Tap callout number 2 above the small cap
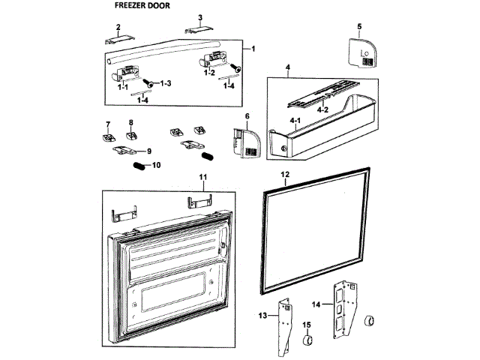pyautogui.click(x=118, y=27)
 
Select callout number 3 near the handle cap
pyautogui.click(x=200, y=17)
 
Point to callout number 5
pyautogui.click(x=359, y=27)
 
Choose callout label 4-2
pyautogui.click(x=323, y=109)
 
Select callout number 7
pyautogui.click(x=107, y=124)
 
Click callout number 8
pyautogui.click(x=130, y=121)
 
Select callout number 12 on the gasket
pyautogui.click(x=286, y=174)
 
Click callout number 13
pyautogui.click(x=263, y=316)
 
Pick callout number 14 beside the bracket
pyautogui.click(x=316, y=305)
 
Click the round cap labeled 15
pyautogui.click(x=306, y=342)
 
